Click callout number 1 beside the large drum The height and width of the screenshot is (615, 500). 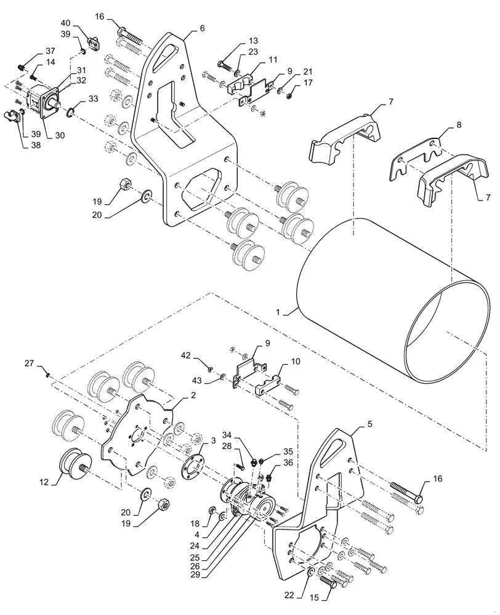[278, 312]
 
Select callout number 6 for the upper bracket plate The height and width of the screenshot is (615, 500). [203, 28]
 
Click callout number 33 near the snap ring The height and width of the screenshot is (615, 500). [92, 98]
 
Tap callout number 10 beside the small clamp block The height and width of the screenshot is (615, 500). [296, 362]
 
